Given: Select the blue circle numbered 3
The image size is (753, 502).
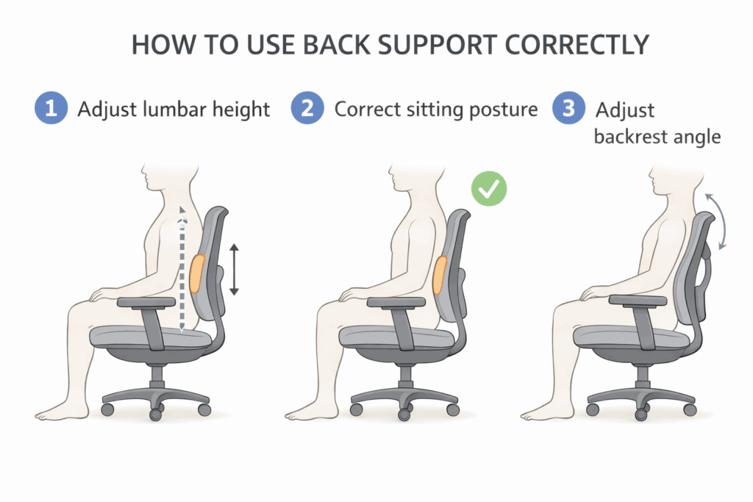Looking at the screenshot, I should tap(568, 110).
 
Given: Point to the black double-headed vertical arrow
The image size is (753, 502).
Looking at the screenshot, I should tap(234, 270).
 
